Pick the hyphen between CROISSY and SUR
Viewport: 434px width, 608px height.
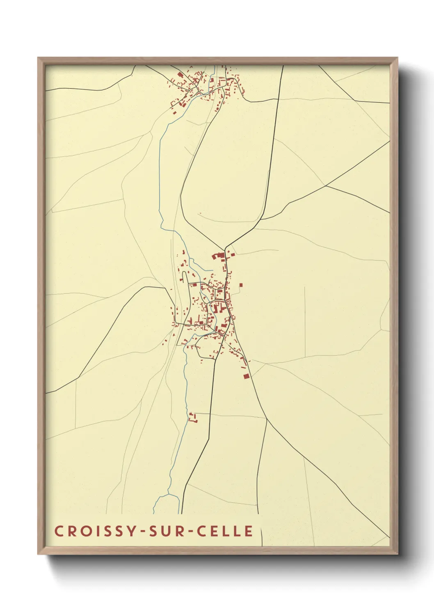(x=144, y=531)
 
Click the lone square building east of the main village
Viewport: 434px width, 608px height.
(x=241, y=285)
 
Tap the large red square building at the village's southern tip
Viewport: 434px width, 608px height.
(x=246, y=376)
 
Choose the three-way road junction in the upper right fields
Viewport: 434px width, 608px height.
(x=326, y=186)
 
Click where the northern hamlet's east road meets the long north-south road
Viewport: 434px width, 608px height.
(x=279, y=98)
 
